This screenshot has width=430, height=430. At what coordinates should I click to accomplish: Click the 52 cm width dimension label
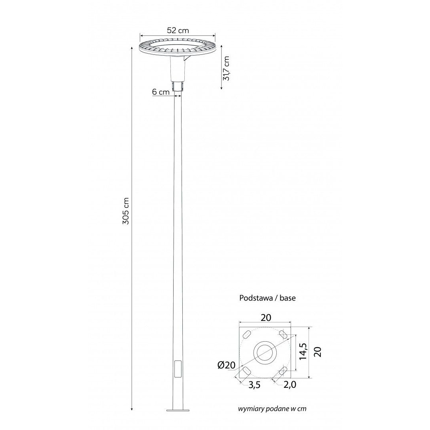click(178, 30)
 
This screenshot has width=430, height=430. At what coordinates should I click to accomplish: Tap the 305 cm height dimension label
click(126, 211)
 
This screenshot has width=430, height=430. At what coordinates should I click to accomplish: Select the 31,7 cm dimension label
click(226, 68)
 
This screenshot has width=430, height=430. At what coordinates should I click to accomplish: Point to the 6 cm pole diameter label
click(161, 92)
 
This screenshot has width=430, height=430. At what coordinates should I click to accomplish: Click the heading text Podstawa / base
click(268, 298)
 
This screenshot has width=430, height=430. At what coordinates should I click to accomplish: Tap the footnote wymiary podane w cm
click(272, 409)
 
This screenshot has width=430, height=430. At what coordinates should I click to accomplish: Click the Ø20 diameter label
click(227, 365)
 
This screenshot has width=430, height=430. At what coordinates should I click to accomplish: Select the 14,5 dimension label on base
click(303, 351)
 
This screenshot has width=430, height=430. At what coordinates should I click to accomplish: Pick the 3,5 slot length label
click(254, 385)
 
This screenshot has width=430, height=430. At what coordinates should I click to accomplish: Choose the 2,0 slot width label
click(290, 385)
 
